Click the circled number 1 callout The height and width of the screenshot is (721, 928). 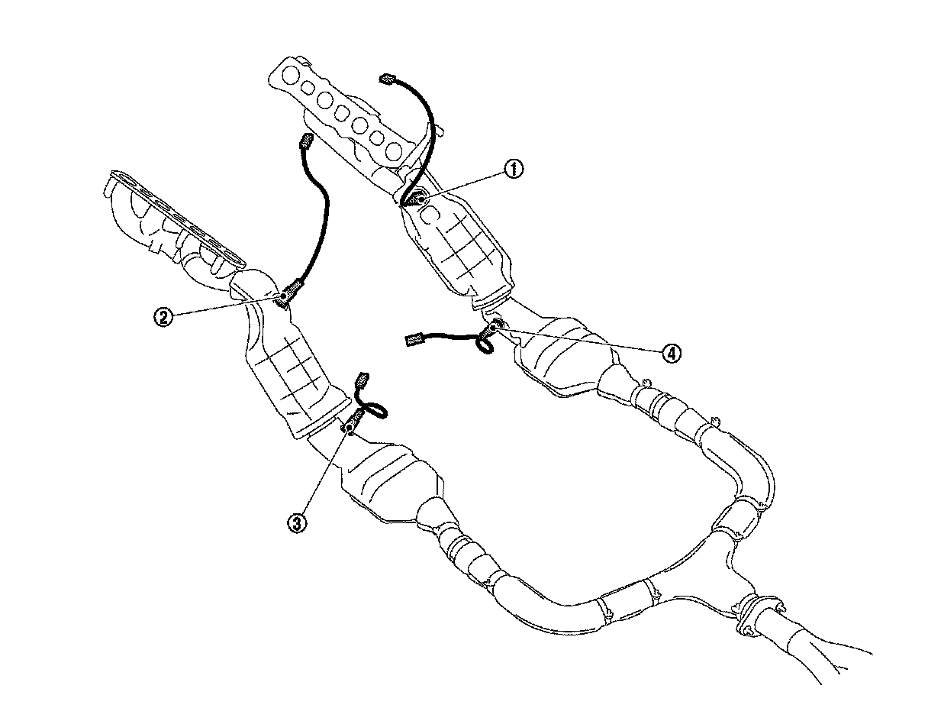pyautogui.click(x=514, y=169)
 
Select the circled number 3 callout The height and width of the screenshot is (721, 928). pyautogui.click(x=296, y=522)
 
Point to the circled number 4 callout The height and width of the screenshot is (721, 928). pyautogui.click(x=669, y=353)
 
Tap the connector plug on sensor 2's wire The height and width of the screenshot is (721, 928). pyautogui.click(x=307, y=141)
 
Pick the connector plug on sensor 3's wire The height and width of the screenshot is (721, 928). pyautogui.click(x=362, y=379)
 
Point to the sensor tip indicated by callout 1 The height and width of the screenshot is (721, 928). pyautogui.click(x=417, y=198)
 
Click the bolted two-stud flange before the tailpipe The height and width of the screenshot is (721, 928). pyautogui.click(x=752, y=615)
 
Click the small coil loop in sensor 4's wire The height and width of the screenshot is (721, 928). pyautogui.click(x=485, y=346)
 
